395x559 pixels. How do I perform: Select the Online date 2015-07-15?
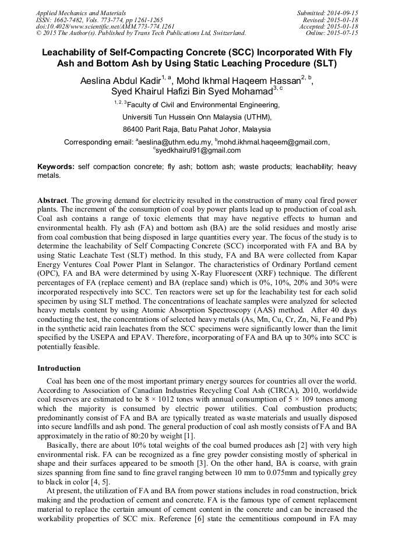(x=344, y=33)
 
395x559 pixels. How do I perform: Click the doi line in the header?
(x=105, y=26)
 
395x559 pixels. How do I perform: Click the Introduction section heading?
(x=59, y=368)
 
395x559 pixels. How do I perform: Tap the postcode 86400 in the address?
(x=133, y=129)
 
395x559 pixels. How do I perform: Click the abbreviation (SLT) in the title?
(x=319, y=63)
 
